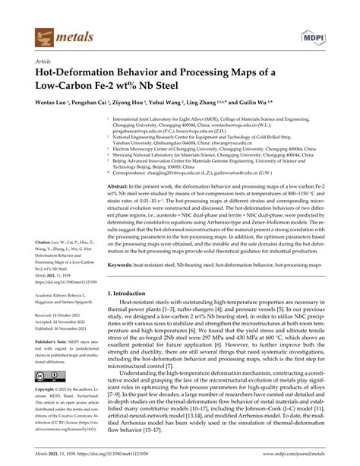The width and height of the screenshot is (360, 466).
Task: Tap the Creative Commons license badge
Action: point(48,398)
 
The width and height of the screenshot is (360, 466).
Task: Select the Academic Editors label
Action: point(54,296)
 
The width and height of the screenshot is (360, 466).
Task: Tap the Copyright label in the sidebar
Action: point(48,412)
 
